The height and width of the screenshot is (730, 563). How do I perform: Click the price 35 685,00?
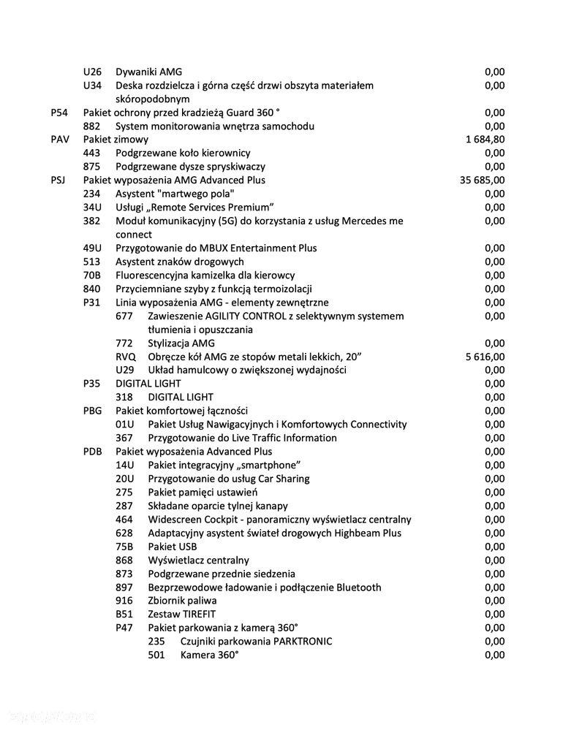pos(482,180)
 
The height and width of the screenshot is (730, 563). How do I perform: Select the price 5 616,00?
pos(484,357)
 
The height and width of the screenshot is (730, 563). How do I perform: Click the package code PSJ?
pos(60,180)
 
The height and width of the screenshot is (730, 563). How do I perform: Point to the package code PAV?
pos(60,140)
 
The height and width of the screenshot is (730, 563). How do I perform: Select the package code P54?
pos(59,113)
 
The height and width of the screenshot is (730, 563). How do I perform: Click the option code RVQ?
pos(126,357)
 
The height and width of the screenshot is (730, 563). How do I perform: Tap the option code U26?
pos(92,72)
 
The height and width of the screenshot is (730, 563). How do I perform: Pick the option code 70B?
pos(92,275)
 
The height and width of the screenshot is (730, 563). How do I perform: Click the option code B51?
pos(124,614)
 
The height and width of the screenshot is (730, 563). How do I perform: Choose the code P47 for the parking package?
pos(125,628)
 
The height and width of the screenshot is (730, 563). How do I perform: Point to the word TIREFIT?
pos(195,614)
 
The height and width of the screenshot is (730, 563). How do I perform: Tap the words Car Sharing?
pos(283,479)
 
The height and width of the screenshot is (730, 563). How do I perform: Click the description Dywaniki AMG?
pos(148,72)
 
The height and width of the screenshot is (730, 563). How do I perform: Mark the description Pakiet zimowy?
pos(116,140)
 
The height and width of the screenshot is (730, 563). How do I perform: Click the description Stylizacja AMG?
pos(181,343)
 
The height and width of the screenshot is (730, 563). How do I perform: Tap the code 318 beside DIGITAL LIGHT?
pos(124,398)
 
